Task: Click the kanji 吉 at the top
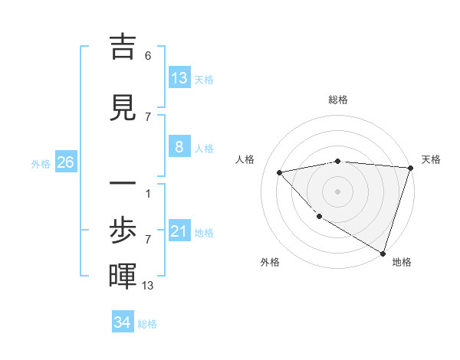coord(123,47)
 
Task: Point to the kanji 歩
coord(123,231)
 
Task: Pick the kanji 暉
coord(123,277)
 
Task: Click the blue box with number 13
coord(179,78)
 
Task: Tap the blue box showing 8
coord(179,147)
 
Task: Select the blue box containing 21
coord(179,231)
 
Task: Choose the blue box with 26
coord(65,162)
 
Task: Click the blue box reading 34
coord(123,322)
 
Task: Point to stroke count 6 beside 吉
coord(148,56)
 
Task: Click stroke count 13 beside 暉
coord(148,286)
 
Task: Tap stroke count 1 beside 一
coord(148,193)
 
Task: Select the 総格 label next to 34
coord(147,324)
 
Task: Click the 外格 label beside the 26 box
coord(41,163)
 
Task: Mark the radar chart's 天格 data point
coord(410,168)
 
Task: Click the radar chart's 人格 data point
coord(279,172)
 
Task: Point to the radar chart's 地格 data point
coord(383,252)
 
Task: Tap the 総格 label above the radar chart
coord(338,100)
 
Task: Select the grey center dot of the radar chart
coord(338,191)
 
